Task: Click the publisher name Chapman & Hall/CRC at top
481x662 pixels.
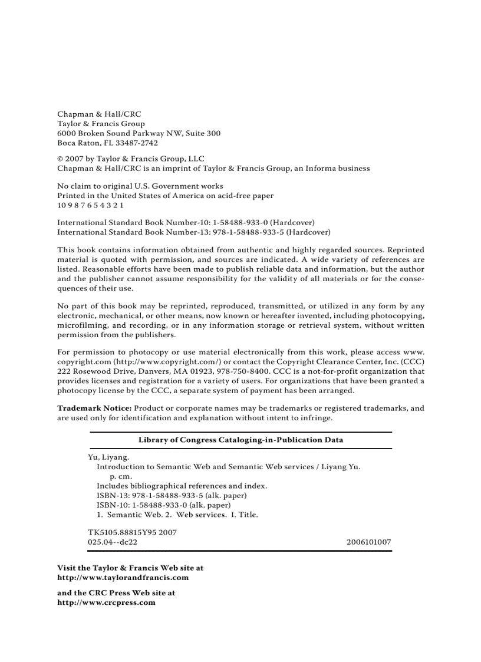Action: click(99, 114)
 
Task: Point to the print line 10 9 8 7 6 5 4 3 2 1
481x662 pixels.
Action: click(90, 205)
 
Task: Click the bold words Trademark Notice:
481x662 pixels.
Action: click(94, 408)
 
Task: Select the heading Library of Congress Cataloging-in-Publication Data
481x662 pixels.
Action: click(240, 440)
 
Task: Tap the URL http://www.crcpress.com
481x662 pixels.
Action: click(106, 602)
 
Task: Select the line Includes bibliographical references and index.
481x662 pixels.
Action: click(182, 486)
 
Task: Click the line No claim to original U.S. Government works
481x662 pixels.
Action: click(140, 186)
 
